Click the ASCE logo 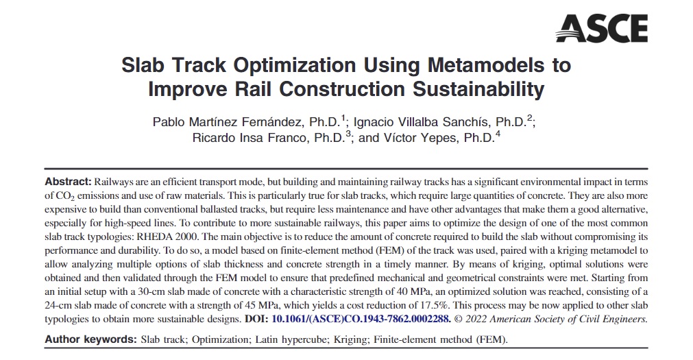pos(601,28)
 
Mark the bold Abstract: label pos(68,182)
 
